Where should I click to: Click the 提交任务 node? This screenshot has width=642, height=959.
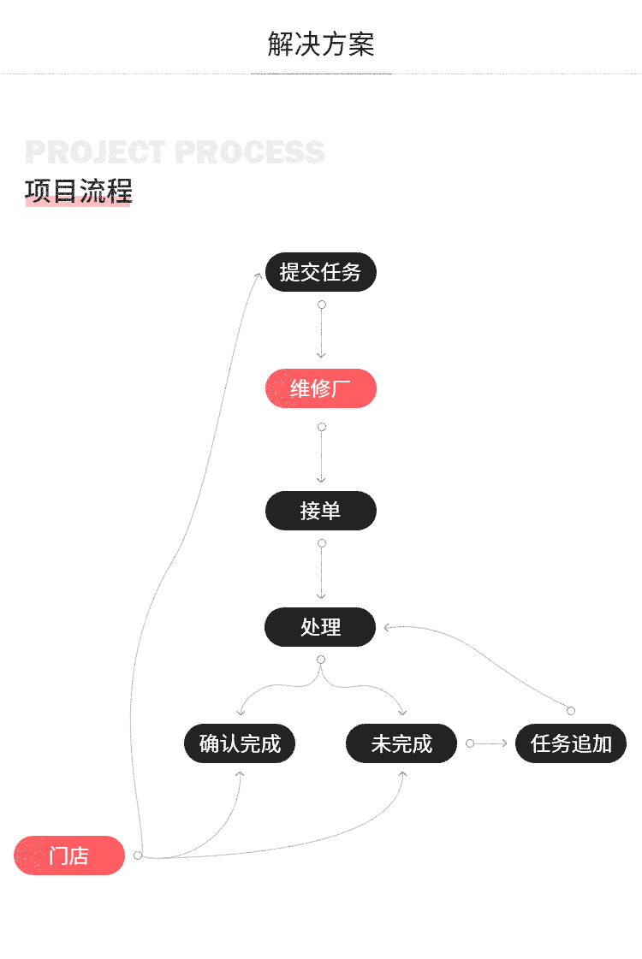click(x=320, y=273)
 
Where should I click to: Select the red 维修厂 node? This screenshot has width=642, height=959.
click(x=320, y=389)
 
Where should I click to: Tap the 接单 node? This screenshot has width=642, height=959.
click(x=320, y=511)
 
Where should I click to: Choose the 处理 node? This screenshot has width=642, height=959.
click(x=320, y=627)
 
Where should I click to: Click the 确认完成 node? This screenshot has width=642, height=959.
click(x=240, y=743)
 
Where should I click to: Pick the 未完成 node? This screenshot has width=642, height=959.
click(x=401, y=743)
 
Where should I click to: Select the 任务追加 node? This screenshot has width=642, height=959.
click(x=571, y=743)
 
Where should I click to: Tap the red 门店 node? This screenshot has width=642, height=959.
click(x=69, y=855)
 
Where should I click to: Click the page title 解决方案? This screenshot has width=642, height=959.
click(x=321, y=44)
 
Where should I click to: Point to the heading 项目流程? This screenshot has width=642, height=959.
click(x=78, y=191)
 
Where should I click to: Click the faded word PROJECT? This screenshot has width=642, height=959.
click(x=95, y=152)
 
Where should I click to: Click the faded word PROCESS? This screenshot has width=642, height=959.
click(x=249, y=152)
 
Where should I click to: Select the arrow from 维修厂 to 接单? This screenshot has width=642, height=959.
click(x=321, y=456)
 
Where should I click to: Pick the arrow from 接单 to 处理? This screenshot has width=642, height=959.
click(x=321, y=573)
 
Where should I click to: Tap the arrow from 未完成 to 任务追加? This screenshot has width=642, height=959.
click(x=490, y=743)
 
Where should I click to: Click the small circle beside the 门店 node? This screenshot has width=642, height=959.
click(x=138, y=855)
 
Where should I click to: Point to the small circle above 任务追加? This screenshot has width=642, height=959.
click(x=571, y=711)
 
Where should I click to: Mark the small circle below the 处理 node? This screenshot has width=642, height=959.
click(x=321, y=660)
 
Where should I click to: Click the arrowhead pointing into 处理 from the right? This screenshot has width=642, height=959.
click(x=388, y=627)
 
